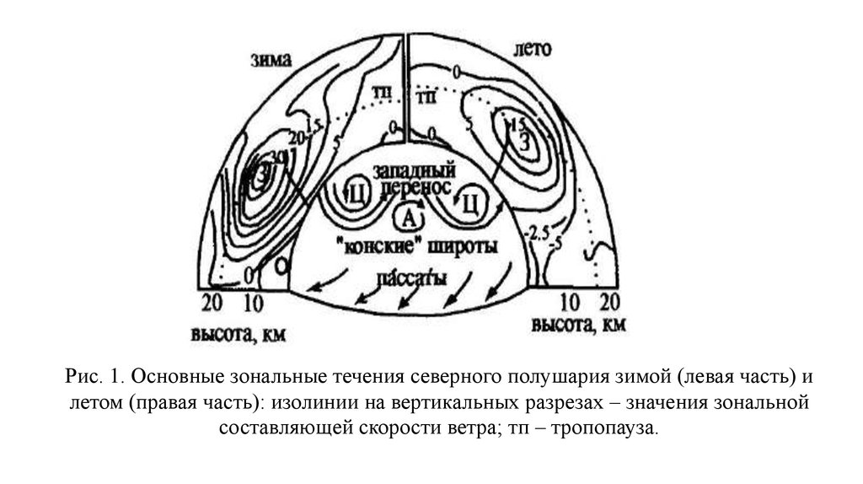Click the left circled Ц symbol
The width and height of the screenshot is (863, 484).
coord(356,195)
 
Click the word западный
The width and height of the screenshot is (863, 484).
coord(409,169)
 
